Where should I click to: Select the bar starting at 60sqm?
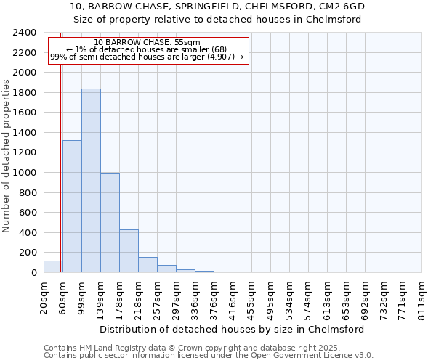72,206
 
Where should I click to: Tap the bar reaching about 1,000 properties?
110,222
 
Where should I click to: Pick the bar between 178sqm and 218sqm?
129,250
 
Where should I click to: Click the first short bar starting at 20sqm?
52,266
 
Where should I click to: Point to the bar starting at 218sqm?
148,265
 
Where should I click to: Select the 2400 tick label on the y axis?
25,33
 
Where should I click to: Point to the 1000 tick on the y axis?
25,173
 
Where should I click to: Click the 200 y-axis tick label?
28,253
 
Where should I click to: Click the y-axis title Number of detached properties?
7,152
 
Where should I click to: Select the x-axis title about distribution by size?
233,329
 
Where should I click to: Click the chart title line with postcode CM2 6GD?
218,7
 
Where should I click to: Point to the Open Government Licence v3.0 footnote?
209,356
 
